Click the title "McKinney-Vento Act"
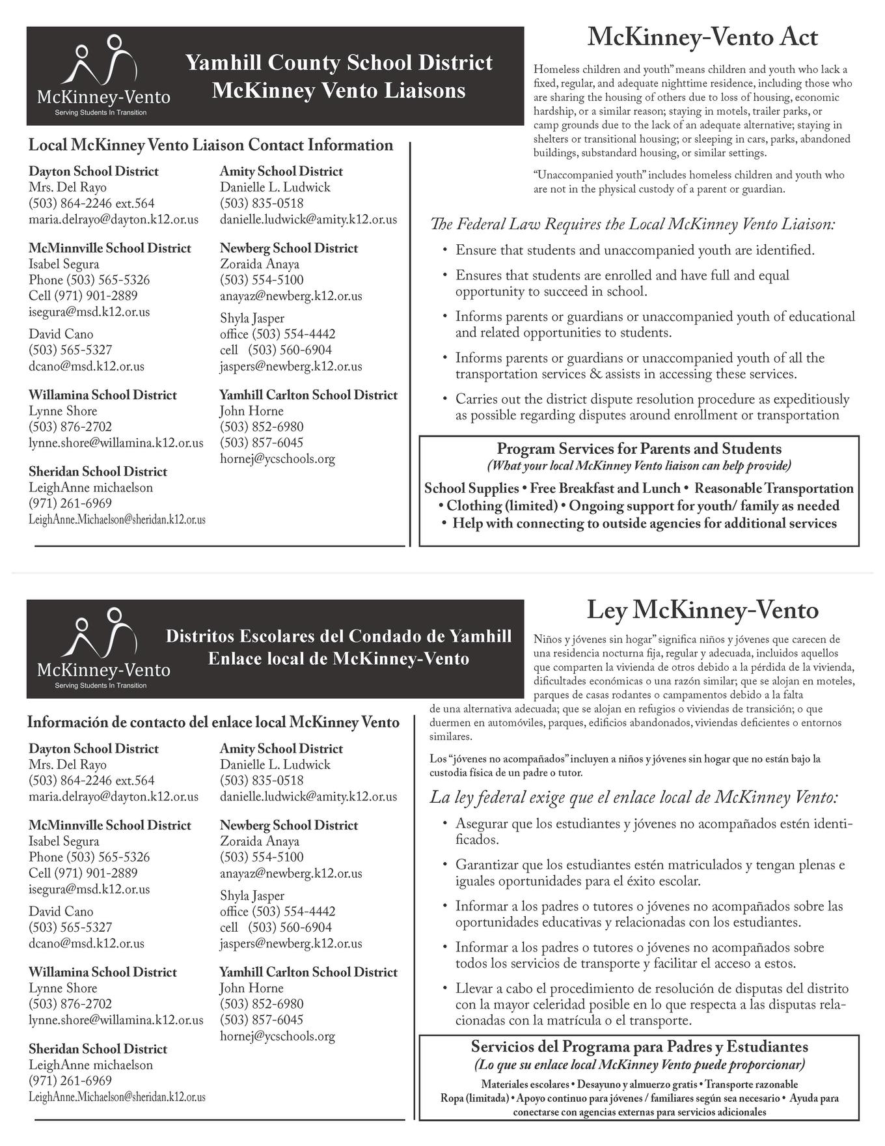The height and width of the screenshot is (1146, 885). (702, 38)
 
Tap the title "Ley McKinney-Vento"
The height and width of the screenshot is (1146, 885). (702, 610)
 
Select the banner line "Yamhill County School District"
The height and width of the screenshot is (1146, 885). (339, 63)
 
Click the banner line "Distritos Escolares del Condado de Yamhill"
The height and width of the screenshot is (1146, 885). (339, 636)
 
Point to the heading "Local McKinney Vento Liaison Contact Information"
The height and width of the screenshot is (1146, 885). (211, 145)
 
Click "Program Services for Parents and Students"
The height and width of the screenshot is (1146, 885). (639, 449)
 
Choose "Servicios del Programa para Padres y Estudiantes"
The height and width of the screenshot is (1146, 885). (639, 1047)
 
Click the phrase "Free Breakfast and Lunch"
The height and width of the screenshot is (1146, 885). (604, 488)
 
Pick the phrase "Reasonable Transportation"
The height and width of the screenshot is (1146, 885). (774, 488)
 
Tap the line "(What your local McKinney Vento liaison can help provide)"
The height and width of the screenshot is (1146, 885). (639, 466)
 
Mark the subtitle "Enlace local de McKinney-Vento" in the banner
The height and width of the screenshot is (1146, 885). (339, 659)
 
